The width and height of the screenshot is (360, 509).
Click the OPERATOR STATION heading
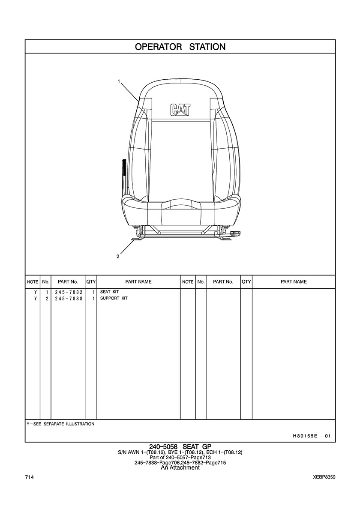point(180,47)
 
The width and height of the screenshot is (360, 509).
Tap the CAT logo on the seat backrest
point(180,110)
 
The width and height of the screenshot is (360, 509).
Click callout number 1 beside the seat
point(119,81)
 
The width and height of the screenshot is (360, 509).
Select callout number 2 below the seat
point(118,257)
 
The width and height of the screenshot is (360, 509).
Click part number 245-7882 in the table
point(69,292)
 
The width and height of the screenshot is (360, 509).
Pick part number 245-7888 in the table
point(69,299)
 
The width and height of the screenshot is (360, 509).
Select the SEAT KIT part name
point(109,292)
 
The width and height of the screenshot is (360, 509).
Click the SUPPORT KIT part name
point(114,298)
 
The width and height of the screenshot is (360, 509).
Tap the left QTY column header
point(91,282)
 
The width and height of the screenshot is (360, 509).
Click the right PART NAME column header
point(294,282)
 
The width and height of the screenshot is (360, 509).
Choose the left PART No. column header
point(68,282)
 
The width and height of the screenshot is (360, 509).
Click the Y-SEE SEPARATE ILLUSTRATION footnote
point(61,424)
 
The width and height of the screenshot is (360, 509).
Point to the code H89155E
point(305,436)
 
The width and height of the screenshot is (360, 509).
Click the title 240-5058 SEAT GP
point(180,447)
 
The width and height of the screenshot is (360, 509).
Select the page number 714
point(29,477)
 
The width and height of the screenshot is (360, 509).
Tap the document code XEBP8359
point(324,477)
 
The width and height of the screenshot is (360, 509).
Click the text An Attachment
point(180,468)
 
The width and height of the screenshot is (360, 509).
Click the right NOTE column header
point(188,282)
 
